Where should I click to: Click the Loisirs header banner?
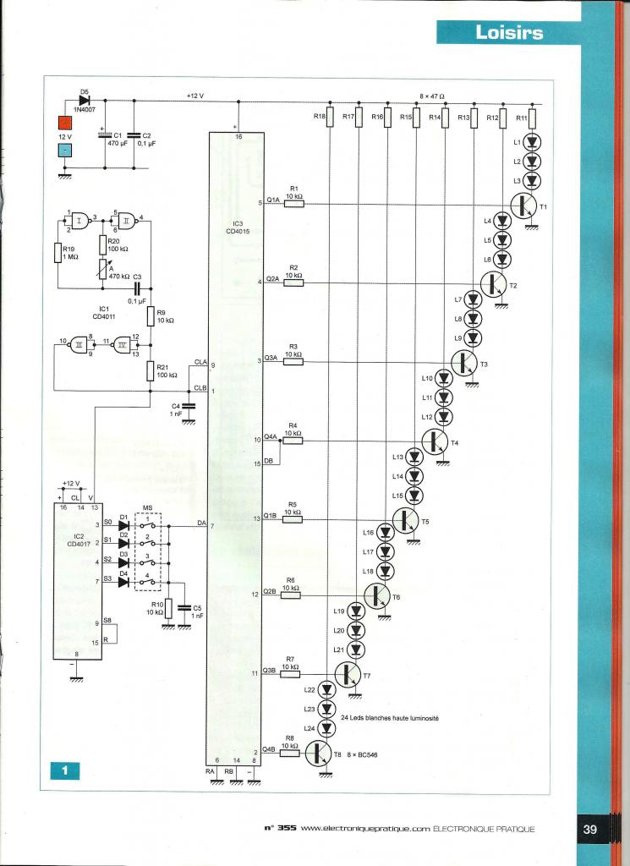508,33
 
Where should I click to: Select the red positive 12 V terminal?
63,122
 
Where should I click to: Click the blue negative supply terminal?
63,151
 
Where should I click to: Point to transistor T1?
525,205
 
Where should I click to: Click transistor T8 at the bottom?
319,753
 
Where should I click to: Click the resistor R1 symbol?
293,204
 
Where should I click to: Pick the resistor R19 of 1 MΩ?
58,253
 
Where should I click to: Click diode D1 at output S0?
123,526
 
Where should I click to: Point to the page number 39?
590,830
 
